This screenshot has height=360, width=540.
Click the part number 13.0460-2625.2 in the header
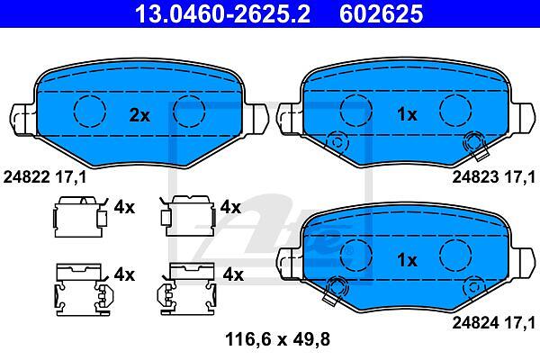coord(223,13)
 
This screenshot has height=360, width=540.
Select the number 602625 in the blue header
coord(382,13)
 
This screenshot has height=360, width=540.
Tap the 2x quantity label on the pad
coord(139,115)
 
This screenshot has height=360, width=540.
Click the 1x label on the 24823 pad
coord(407,114)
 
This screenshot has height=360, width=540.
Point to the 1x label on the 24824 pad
coord(407,260)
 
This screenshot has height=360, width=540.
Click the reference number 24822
coord(27,177)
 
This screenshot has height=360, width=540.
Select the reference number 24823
coord(475,177)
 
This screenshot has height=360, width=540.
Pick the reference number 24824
coord(475,323)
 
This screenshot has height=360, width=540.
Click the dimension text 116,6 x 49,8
coord(277,339)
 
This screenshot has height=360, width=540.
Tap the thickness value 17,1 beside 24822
coord(71,177)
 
